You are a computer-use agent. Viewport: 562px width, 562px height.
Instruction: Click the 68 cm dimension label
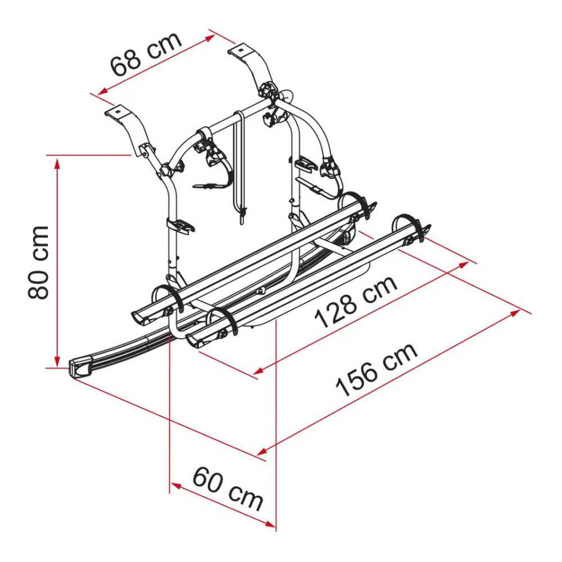(x=146, y=55)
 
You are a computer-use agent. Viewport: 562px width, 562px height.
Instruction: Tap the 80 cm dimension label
(x=38, y=262)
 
